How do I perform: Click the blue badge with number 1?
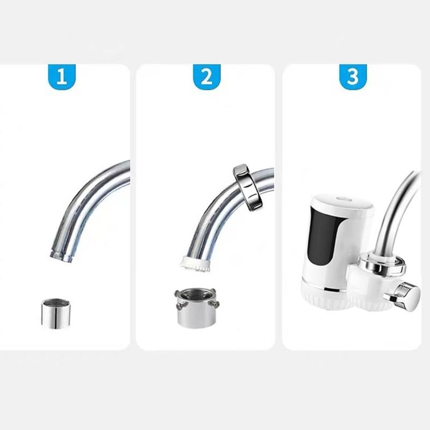(62, 76)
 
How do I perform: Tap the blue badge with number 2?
(207, 76)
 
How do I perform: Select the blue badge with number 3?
(353, 76)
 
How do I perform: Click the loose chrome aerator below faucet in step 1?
(56, 314)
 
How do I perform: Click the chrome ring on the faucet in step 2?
(247, 188)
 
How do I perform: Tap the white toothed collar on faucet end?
(195, 264)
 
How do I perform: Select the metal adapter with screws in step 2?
(197, 307)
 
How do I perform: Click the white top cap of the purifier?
(343, 204)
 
